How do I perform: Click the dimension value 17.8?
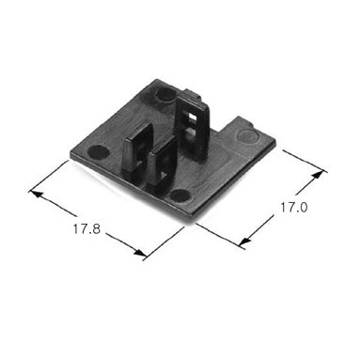point(86,229)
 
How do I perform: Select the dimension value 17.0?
point(293,208)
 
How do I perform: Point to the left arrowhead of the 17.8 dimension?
point(35,194)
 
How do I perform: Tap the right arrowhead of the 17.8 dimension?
point(139,253)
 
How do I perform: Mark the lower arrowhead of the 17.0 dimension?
point(245,241)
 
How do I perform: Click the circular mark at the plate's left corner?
point(98,152)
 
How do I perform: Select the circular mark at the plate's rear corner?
point(165,95)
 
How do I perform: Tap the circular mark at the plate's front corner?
point(180,196)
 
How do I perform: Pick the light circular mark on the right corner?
point(247,135)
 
